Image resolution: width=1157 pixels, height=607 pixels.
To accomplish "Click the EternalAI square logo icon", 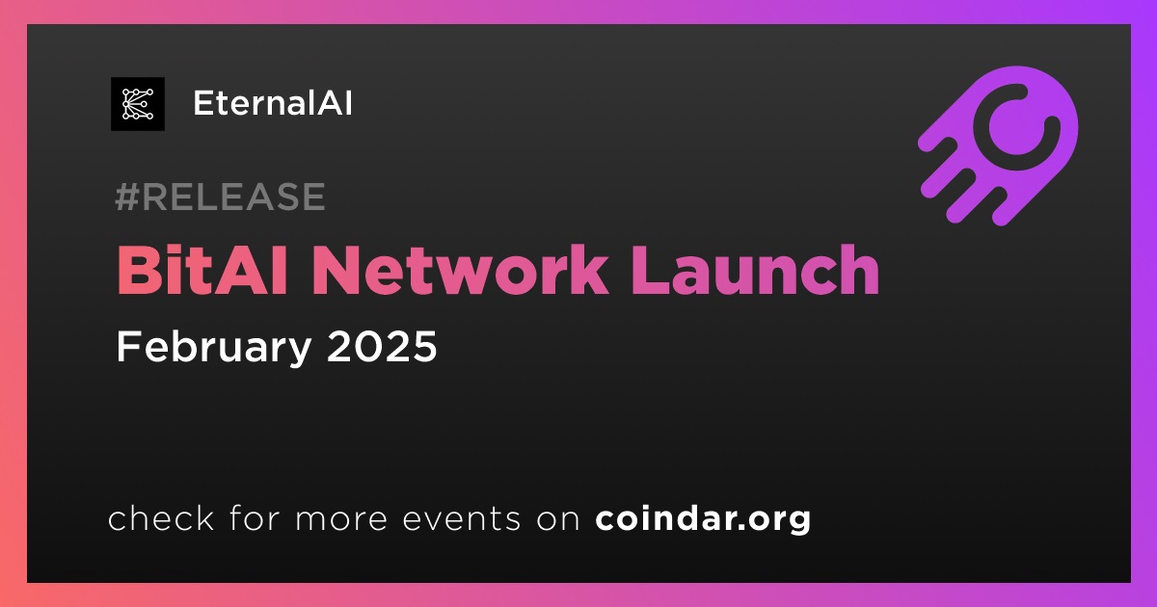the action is [138, 104].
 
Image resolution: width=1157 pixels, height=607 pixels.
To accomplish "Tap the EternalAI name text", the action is [273, 103].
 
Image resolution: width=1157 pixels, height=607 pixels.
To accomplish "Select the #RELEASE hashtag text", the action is [221, 197].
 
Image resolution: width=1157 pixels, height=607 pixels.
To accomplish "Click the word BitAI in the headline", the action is [202, 270].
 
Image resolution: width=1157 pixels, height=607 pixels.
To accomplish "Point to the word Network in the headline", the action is [459, 270].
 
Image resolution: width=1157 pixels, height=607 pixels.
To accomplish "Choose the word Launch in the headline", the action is [756, 270].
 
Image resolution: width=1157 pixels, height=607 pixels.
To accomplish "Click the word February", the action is [214, 348].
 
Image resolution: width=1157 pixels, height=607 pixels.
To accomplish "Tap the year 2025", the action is [382, 346].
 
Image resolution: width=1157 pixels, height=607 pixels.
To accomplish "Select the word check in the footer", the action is [161, 517].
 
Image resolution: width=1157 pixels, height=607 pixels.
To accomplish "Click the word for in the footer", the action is [255, 517].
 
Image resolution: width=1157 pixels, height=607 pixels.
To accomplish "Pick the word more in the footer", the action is [341, 519].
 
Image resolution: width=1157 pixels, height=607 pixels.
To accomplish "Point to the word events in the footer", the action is [462, 518].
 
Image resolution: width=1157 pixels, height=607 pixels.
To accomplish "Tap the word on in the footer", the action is [558, 519].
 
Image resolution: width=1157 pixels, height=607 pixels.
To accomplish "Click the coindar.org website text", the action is [703, 519].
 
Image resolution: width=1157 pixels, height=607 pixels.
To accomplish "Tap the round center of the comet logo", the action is [1017, 127].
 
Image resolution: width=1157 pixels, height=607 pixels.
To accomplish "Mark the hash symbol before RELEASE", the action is [127, 197].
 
